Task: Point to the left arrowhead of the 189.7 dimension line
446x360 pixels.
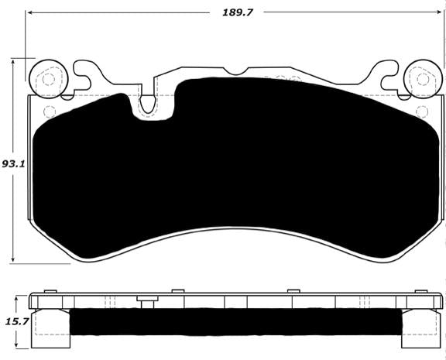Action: point(29,13)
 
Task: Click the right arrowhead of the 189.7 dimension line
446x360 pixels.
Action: point(441,13)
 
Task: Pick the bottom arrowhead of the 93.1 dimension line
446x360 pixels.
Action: point(15,259)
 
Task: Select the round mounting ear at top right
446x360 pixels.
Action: point(419,77)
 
